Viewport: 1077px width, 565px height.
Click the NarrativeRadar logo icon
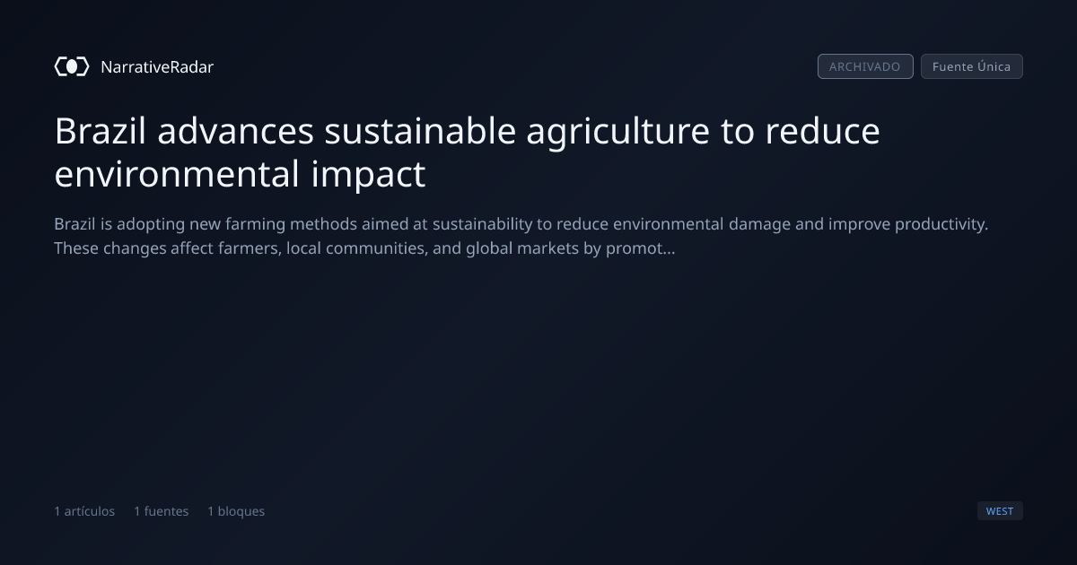pos(72,66)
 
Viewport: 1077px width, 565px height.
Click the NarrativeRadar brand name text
pos(157,67)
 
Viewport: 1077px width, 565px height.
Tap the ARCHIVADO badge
pos(865,66)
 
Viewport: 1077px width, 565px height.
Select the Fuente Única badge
pos(971,66)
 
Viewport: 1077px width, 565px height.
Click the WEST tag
pos(1000,510)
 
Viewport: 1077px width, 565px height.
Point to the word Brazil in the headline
pos(100,131)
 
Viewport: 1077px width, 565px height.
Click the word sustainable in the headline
pos(420,131)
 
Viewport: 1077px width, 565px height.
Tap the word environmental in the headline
pos(177,173)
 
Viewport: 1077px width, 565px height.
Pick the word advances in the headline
pos(235,131)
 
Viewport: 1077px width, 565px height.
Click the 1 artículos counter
pos(84,511)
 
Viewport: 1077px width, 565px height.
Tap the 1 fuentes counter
pos(161,511)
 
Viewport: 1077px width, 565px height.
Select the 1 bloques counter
pos(236,511)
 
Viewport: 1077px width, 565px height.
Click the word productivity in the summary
pos(941,225)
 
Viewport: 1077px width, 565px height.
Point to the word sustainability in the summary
pos(482,225)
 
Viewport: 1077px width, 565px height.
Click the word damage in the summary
pos(759,225)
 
